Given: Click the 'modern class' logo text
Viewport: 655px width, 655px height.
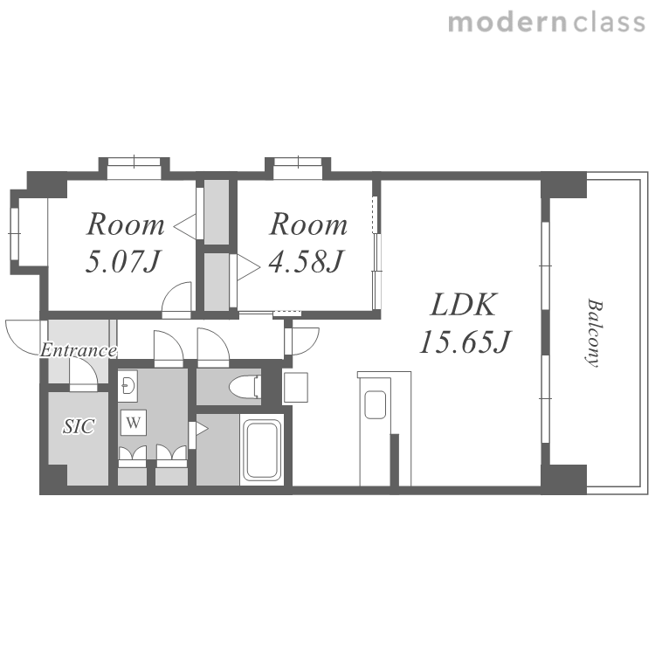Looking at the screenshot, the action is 547,23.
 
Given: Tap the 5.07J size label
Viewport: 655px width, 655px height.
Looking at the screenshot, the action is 123,262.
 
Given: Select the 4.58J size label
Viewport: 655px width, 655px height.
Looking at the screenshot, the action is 306,262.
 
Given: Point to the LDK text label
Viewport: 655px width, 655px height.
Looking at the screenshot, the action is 464,305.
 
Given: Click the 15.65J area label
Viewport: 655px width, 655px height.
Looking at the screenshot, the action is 465,341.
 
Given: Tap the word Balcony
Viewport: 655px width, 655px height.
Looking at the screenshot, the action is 594,333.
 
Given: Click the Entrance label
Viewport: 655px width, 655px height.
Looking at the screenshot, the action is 78,350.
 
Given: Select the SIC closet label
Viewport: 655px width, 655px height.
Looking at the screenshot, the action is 79,426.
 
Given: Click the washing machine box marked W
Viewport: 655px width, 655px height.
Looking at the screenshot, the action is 134,423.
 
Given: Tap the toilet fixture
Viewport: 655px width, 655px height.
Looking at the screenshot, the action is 245,387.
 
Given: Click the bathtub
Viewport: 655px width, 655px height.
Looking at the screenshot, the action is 262,450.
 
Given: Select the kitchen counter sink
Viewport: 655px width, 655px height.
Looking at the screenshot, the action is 376,404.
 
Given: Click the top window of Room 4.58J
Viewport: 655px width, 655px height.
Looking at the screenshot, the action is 298,169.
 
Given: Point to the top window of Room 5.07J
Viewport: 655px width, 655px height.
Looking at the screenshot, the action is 134,169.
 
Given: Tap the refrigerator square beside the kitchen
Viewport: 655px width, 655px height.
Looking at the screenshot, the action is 295,387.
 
